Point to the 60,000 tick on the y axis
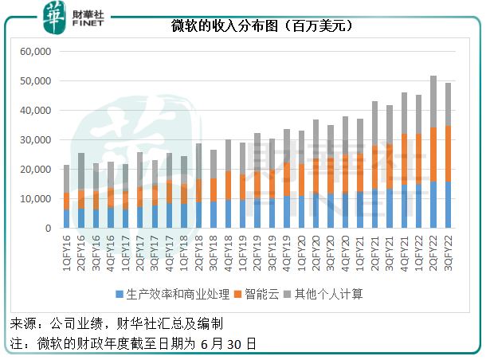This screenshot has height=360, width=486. pyautogui.click(x=34, y=52)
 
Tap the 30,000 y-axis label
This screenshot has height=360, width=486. pyautogui.click(x=34, y=140)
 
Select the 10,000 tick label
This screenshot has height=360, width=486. pyautogui.click(x=34, y=199)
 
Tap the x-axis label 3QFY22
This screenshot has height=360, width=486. pyautogui.click(x=448, y=252)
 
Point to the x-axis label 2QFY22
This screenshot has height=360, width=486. pyautogui.click(x=433, y=252)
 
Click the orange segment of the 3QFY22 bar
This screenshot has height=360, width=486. pyautogui.click(x=448, y=153)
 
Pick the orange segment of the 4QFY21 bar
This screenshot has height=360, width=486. pyautogui.click(x=404, y=159)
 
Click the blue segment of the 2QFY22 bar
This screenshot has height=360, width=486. pyautogui.click(x=433, y=205)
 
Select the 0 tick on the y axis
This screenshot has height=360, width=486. pyautogui.click(x=48, y=229)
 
